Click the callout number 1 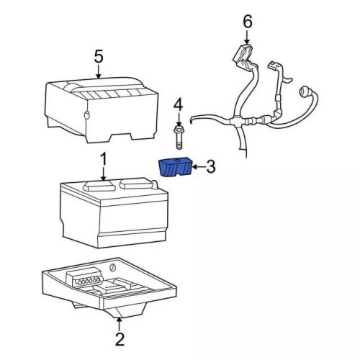[103, 158]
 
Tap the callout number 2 [120, 338]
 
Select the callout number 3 [211, 167]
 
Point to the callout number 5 [99, 56]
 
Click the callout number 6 [248, 22]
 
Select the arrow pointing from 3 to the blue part [197, 167]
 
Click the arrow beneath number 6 [248, 37]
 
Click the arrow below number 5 [99, 71]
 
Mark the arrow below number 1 [103, 174]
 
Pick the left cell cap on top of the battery [96, 185]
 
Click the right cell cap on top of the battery [134, 184]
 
